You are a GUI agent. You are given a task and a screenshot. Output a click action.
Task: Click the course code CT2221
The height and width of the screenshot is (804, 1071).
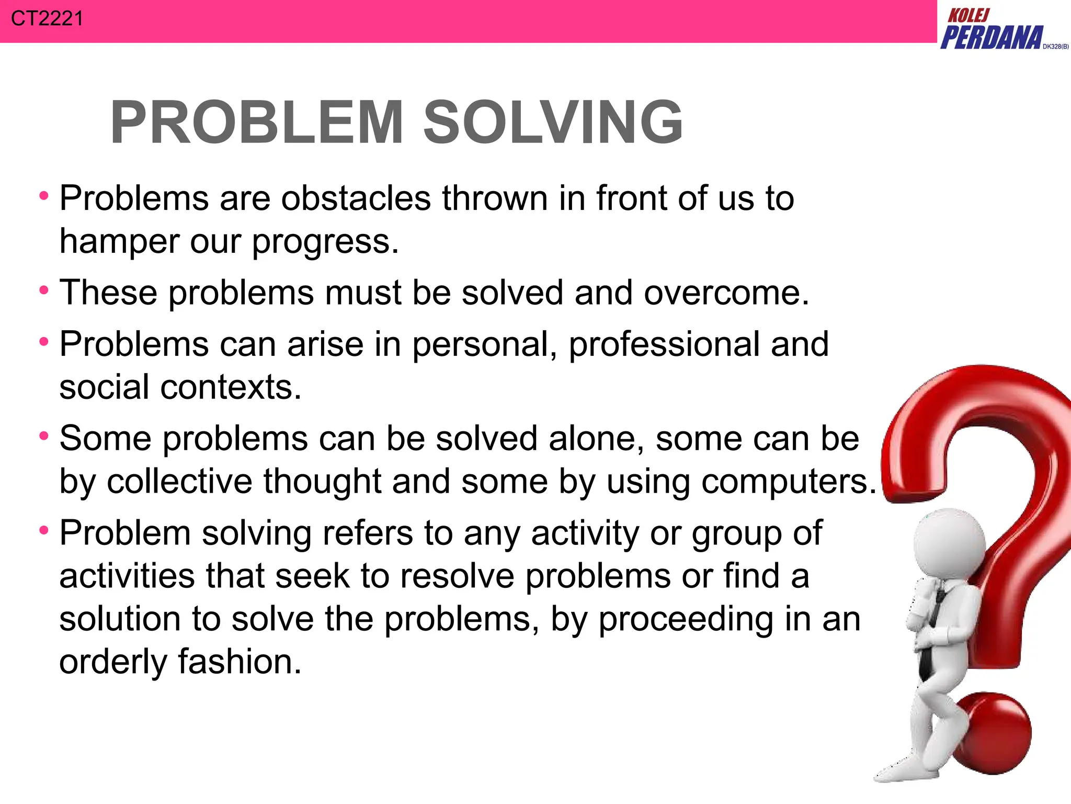(x=47, y=19)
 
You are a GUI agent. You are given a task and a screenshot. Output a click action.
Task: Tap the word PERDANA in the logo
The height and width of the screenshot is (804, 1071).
(x=992, y=38)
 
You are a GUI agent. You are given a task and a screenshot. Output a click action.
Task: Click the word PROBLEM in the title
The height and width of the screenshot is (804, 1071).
(x=257, y=122)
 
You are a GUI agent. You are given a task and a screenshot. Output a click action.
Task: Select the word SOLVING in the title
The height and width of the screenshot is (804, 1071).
(x=552, y=122)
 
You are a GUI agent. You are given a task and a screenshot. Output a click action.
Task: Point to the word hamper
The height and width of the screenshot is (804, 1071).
(x=119, y=241)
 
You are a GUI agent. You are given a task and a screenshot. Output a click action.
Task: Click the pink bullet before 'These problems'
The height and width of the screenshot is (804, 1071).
(x=44, y=290)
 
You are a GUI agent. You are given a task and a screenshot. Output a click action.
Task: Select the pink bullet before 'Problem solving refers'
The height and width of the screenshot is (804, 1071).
(x=44, y=531)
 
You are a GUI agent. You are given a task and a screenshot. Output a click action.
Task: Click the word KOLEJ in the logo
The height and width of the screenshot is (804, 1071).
(x=969, y=15)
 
